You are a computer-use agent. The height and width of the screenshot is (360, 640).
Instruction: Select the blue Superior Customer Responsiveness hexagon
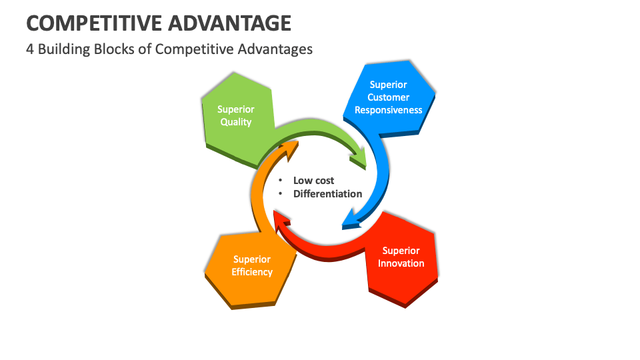393,93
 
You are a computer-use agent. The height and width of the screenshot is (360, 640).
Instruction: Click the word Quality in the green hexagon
236,122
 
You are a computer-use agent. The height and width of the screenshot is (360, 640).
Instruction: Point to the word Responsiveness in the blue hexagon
388,110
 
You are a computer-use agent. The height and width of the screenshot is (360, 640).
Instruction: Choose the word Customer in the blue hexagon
388,97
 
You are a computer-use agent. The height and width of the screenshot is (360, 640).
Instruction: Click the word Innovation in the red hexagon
401,263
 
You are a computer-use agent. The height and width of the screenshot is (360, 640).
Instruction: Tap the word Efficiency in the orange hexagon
252,272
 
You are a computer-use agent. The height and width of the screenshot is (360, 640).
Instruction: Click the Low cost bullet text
313,181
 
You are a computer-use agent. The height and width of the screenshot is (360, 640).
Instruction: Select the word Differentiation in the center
327,194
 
